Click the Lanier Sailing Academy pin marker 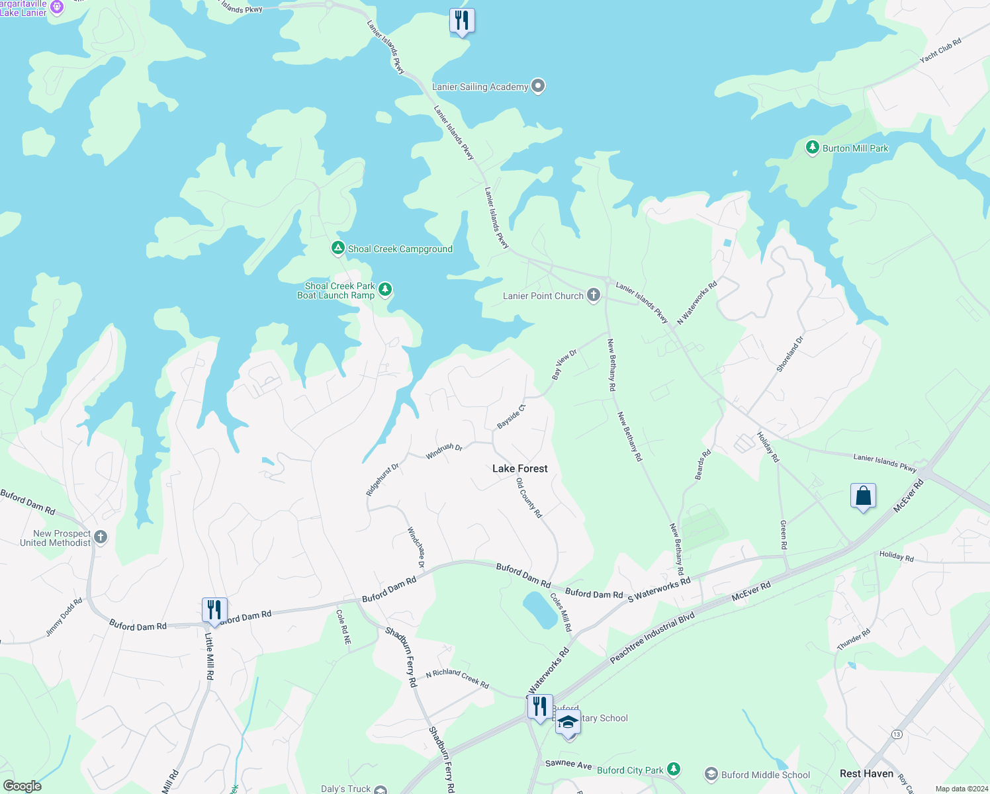click(x=538, y=86)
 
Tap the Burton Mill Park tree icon click(x=812, y=148)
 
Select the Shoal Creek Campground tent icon click(x=338, y=249)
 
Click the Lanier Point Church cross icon click(x=594, y=295)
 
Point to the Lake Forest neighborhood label click(x=520, y=468)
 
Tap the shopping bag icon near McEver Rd click(x=863, y=496)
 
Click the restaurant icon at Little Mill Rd click(x=214, y=610)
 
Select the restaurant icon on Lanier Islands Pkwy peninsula click(x=462, y=21)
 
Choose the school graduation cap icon click(x=568, y=723)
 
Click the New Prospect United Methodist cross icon click(x=101, y=537)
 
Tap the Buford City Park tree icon click(x=674, y=769)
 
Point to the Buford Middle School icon click(x=711, y=774)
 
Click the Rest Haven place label click(x=866, y=773)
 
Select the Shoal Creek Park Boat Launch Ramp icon click(x=385, y=290)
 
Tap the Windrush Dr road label click(x=444, y=451)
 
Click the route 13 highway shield click(x=897, y=734)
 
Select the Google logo click(x=22, y=786)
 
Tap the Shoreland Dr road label click(x=790, y=355)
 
